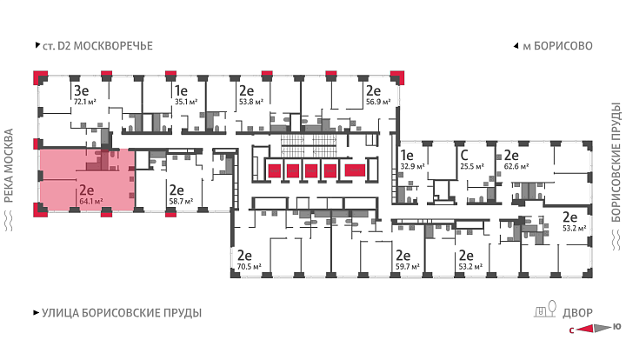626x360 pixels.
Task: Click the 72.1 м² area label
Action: click(84, 102)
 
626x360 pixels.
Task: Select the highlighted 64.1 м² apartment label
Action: click(91, 201)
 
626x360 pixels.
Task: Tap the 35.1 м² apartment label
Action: click(186, 102)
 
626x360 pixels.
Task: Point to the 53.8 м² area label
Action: click(250, 102)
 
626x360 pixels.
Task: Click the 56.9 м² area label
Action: click(378, 102)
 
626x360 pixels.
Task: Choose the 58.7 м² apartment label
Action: click(181, 201)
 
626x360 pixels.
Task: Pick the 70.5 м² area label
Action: click(250, 266)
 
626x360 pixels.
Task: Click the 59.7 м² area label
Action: click(407, 266)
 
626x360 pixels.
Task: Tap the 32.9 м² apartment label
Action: click(412, 166)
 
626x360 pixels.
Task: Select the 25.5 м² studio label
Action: click(472, 166)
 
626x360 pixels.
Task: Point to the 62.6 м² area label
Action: click(516, 166)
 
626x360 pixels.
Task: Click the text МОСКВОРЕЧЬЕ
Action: click(113, 46)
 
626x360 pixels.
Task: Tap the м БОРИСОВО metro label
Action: click(557, 46)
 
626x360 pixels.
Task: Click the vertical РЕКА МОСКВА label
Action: click(9, 165)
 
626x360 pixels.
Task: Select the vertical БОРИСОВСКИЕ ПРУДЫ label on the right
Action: click(616, 162)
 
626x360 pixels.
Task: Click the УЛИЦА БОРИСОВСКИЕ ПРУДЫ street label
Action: click(122, 313)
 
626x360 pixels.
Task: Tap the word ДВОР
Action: click(577, 313)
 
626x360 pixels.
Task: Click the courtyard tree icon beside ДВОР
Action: click(552, 308)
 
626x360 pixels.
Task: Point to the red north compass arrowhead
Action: click(585, 329)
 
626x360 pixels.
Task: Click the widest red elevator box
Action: click(355, 170)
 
